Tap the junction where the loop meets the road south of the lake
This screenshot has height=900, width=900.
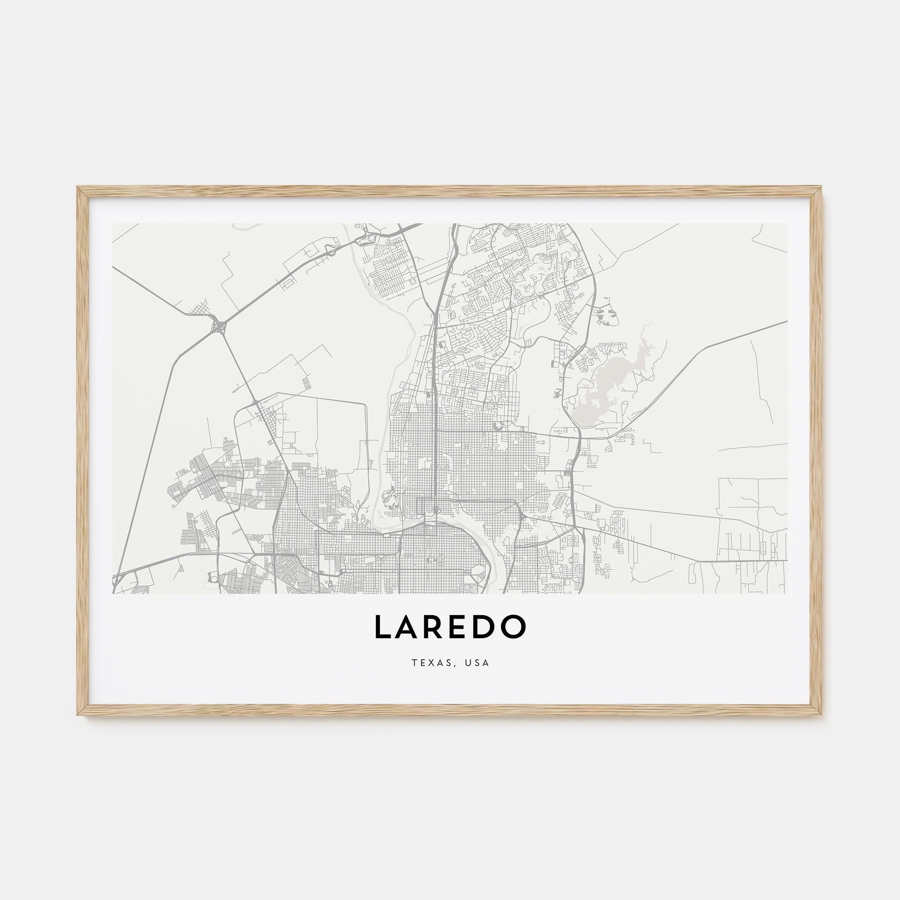(x=580, y=438)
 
